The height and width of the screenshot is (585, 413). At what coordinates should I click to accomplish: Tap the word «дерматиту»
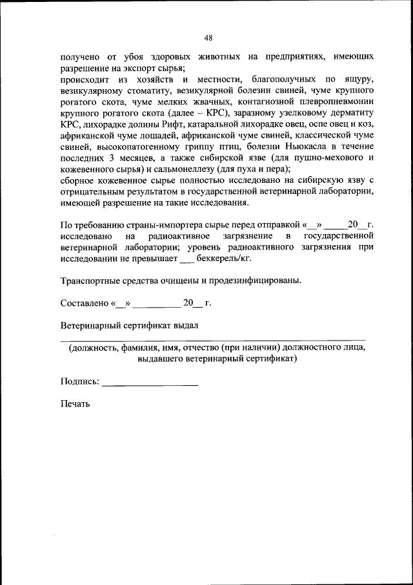click(x=352, y=112)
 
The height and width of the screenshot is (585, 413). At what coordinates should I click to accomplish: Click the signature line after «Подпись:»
click(x=150, y=383)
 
